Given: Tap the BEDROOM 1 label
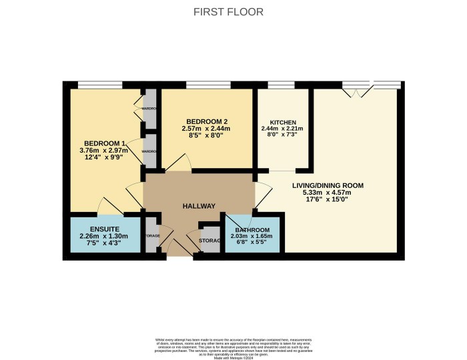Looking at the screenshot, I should click(105, 143).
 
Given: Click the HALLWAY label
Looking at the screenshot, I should click(199, 206).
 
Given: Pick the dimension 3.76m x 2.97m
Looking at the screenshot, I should click(105, 151).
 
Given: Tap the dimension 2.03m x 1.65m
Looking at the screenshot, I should click(252, 237).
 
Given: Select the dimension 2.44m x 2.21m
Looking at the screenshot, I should click(283, 129).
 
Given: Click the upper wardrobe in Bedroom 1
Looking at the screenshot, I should click(150, 109).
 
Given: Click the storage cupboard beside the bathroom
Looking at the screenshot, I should click(210, 241).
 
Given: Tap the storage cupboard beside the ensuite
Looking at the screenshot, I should click(152, 235).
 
